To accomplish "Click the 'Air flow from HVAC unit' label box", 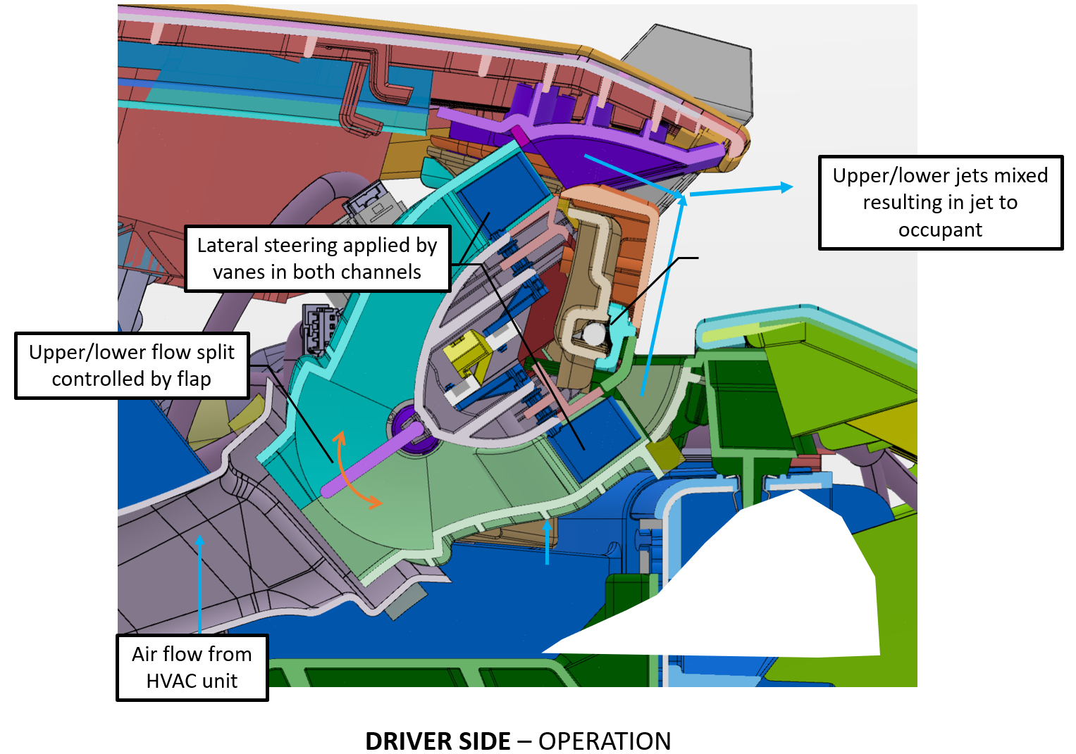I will coord(192,667).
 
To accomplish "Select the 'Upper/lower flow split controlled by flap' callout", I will coord(132,365).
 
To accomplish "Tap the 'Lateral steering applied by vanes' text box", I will coord(317,258).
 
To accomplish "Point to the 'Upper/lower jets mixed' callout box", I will coord(940,203).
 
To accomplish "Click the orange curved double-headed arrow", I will coord(352,470).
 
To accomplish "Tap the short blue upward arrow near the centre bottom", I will coord(548,542).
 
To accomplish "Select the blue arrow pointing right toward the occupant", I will coord(740,189).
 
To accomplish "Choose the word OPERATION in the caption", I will coord(605,741).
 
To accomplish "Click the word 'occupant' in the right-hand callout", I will coord(940,230).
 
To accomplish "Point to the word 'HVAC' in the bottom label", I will coord(171,681).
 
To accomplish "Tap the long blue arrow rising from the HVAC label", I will coord(200,584).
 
